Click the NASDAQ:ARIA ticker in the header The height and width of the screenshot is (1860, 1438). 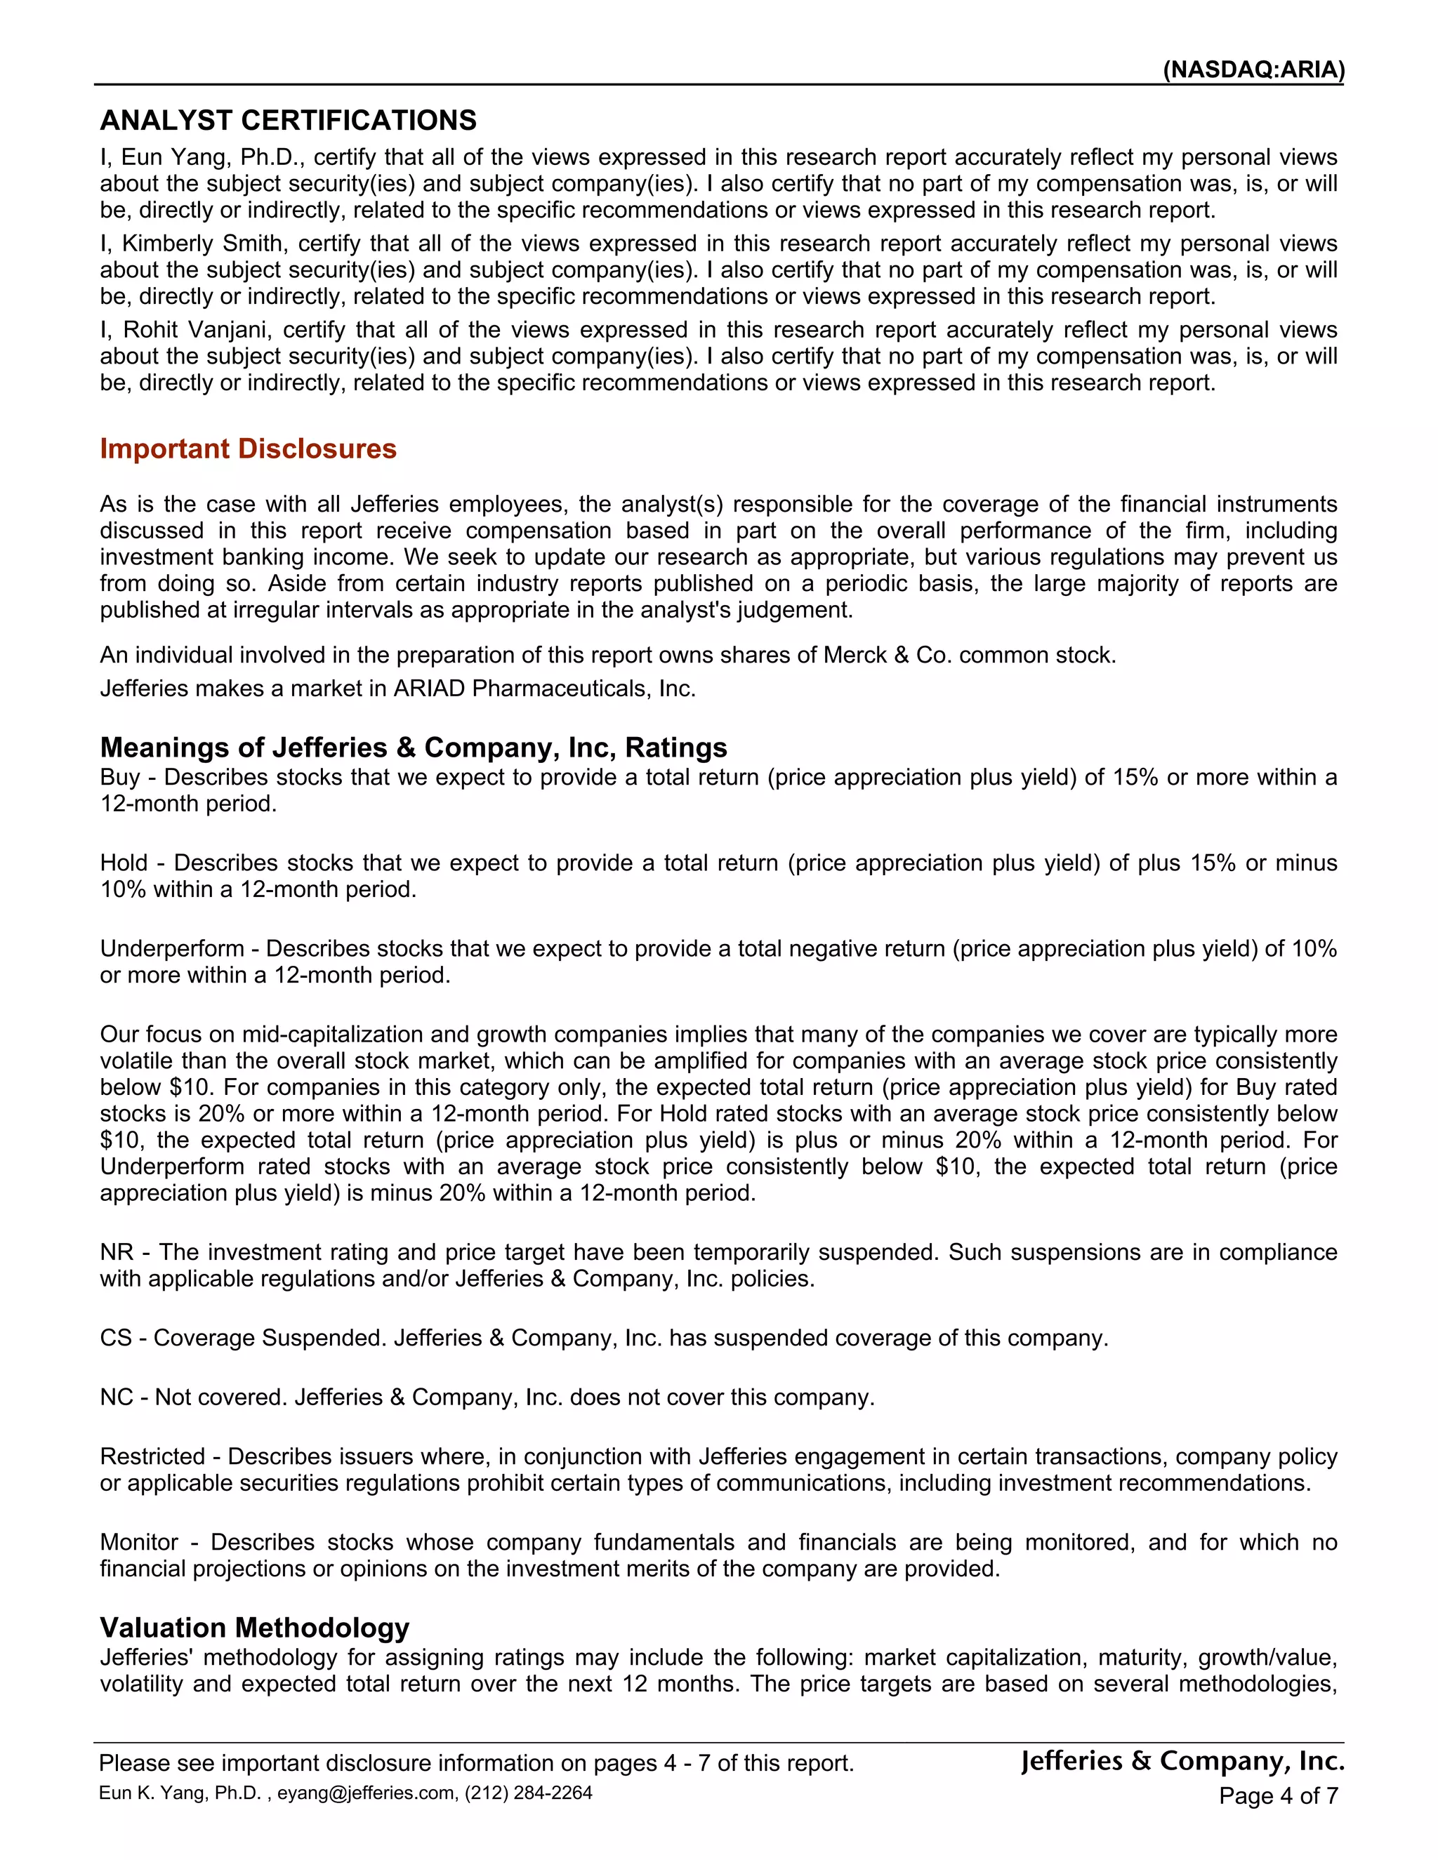coord(1253,69)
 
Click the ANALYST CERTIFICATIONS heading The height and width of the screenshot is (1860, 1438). coord(288,120)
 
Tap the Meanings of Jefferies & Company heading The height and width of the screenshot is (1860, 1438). coord(413,747)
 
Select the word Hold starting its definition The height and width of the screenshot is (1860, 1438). coord(124,863)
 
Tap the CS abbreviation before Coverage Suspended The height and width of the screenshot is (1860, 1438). coord(116,1338)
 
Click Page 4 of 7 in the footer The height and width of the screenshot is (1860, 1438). coord(1278,1796)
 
